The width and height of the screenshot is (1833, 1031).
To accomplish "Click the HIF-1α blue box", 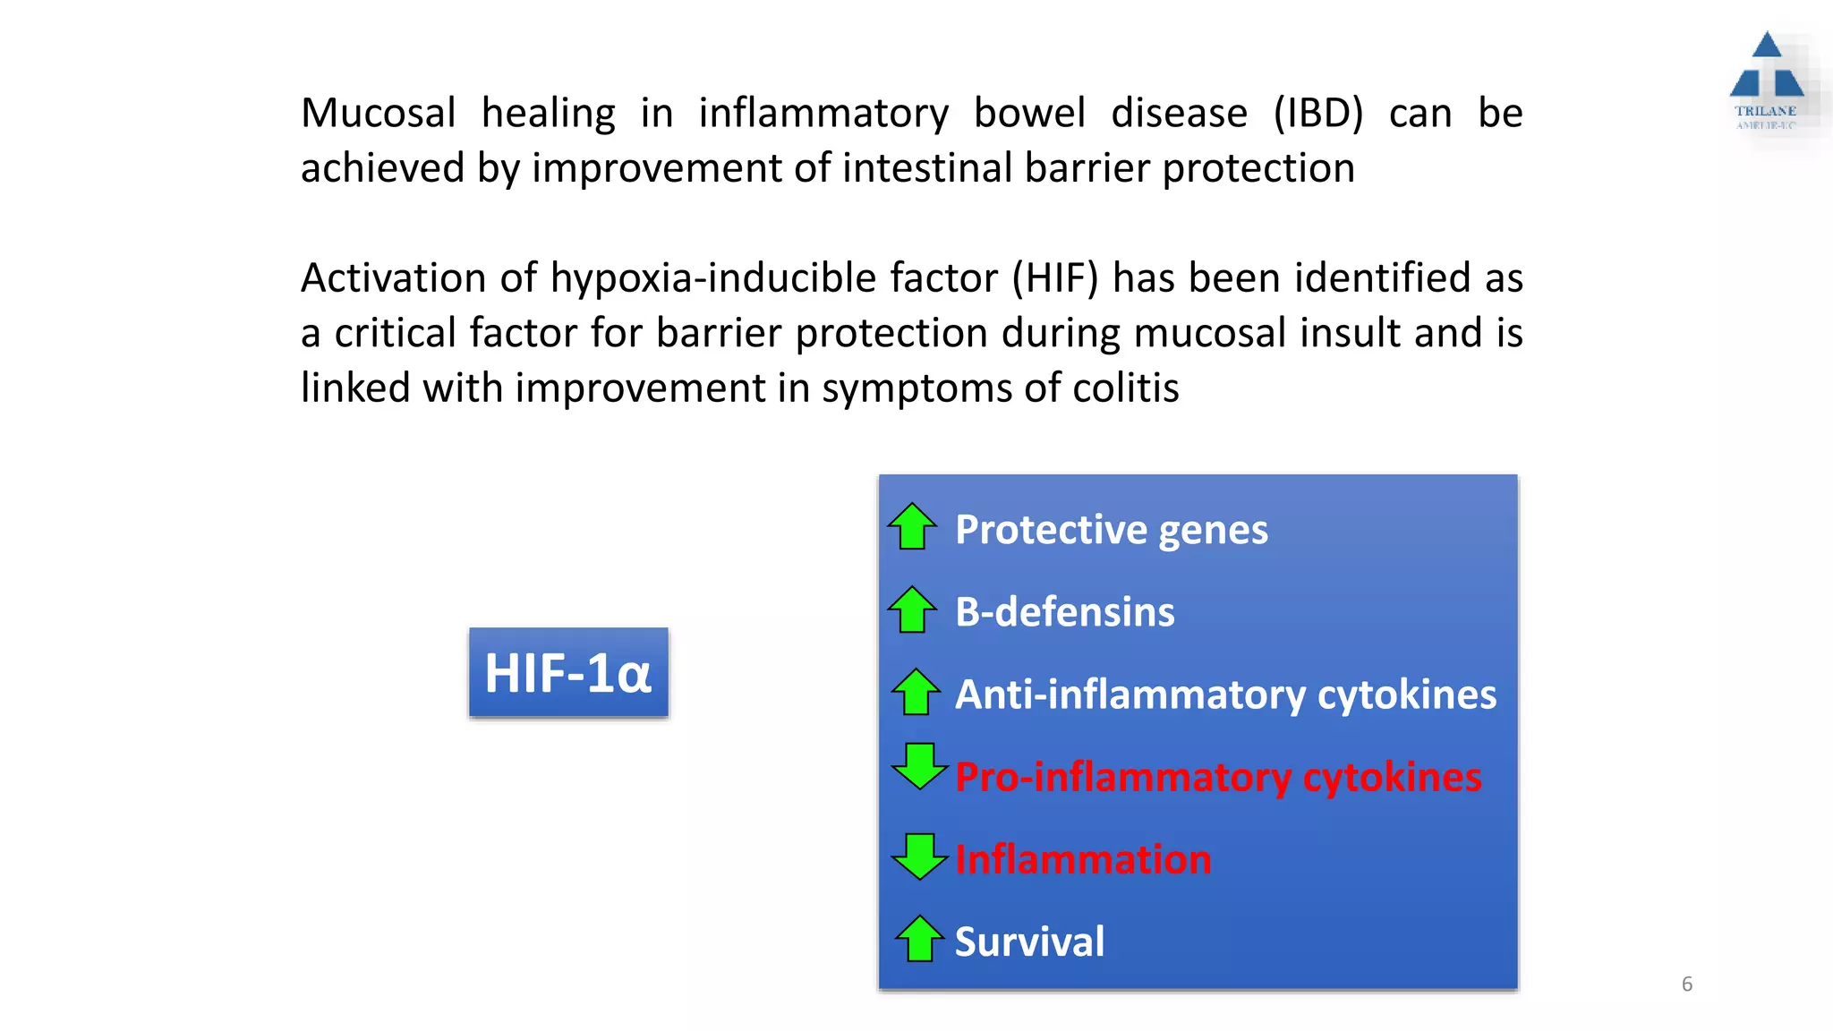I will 568,672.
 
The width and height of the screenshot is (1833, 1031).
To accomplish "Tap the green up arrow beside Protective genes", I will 912,526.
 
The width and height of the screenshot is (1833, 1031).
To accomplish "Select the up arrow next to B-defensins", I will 912,609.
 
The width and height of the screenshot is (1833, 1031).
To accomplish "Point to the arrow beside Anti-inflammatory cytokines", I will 916,692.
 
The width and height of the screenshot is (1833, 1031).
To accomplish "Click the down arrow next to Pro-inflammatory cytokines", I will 919,766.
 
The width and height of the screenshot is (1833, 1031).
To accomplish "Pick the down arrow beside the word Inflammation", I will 919,856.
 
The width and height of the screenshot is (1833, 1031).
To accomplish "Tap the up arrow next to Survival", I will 919,939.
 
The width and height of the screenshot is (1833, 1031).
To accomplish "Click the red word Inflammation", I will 1083,859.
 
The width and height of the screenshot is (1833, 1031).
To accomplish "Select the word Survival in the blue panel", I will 1029,942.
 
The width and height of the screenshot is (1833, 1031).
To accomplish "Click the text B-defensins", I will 1064,612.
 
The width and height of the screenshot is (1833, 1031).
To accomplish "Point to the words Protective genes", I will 1111,530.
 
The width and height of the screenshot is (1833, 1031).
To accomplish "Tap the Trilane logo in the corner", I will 1766,81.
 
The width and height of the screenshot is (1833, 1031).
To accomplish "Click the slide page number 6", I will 1687,984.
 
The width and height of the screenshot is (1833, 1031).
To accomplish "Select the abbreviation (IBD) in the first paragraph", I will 1317,114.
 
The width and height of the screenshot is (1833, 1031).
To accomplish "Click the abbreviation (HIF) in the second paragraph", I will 1054,278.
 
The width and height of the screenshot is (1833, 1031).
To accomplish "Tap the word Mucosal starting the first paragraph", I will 378,114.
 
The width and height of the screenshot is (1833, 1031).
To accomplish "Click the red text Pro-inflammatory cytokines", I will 1217,777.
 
